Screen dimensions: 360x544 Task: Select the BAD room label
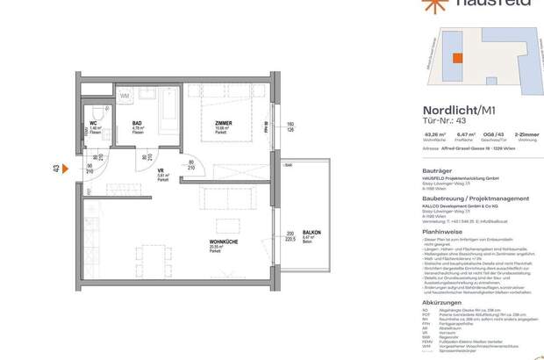138,125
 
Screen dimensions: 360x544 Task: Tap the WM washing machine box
125,94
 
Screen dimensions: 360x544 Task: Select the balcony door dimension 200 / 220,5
290,237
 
